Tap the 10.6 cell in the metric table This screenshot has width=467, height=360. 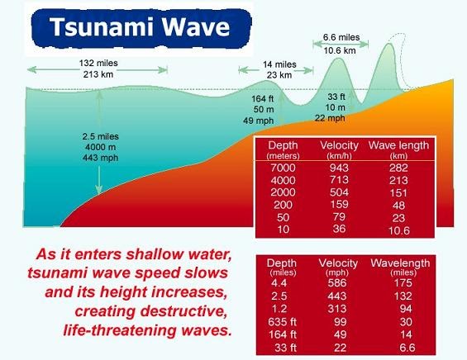399,229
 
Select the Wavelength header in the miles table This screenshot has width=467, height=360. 399,263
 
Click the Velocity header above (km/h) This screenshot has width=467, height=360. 338,146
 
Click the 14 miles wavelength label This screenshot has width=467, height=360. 279,64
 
